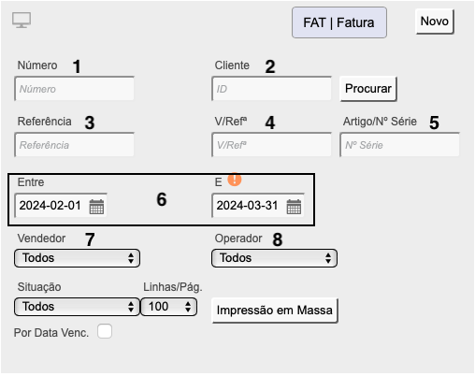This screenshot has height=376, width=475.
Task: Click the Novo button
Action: (435, 22)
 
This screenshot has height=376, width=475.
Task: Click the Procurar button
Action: (368, 89)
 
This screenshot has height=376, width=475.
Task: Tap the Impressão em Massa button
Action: (275, 311)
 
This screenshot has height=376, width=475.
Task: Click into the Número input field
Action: (74, 89)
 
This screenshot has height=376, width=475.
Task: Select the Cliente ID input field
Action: (271, 89)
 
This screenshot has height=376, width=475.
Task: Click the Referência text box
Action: (74, 145)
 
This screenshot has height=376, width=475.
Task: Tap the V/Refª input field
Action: (271, 145)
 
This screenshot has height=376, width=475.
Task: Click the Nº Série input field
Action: (399, 145)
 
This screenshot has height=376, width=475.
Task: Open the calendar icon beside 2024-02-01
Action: (96, 207)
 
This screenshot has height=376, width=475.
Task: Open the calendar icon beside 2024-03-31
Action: (294, 207)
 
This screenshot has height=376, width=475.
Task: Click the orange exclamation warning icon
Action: (235, 180)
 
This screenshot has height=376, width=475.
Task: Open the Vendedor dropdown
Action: (77, 258)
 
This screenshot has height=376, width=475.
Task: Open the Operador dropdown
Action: (274, 258)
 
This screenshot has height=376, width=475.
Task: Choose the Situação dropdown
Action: (77, 307)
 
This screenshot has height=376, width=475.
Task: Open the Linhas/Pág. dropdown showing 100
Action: (168, 307)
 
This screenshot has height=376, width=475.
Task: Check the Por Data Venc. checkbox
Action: (105, 331)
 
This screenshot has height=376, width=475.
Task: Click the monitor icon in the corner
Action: (22, 20)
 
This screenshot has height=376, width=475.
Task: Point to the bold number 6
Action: (162, 199)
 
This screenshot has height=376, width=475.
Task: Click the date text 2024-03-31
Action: (247, 206)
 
